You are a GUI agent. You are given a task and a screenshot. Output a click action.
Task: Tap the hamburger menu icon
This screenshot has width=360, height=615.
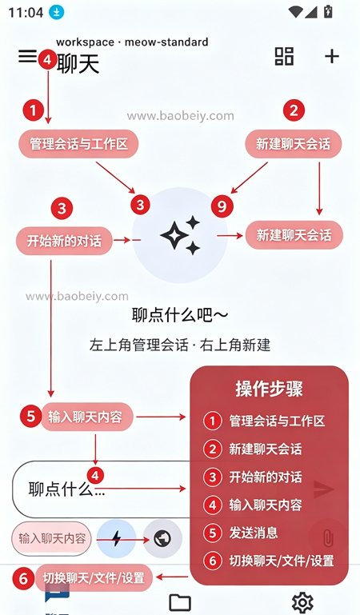click(27, 56)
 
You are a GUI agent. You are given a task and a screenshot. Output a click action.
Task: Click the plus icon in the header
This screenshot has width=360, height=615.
click(332, 57)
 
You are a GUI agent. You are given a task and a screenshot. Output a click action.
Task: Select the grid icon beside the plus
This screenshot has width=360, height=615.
click(284, 56)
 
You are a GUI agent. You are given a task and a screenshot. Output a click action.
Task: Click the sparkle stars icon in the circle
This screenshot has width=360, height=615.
click(181, 235)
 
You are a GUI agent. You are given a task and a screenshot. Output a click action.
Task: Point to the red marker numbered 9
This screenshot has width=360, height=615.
click(222, 206)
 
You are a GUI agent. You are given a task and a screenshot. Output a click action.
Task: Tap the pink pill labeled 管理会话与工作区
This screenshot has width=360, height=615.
click(78, 144)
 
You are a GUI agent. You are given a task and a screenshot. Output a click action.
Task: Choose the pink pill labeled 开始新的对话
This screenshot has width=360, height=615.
click(64, 241)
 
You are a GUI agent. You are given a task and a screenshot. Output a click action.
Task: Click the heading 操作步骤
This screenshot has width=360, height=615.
click(269, 389)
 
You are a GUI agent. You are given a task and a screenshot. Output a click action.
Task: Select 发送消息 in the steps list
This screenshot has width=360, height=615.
click(254, 533)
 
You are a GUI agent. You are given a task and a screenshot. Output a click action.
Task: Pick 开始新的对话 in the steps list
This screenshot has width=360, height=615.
click(266, 477)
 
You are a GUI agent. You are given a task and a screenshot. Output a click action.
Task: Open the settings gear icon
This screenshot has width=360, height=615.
click(302, 601)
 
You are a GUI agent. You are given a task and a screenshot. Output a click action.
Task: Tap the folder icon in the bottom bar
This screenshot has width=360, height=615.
click(180, 602)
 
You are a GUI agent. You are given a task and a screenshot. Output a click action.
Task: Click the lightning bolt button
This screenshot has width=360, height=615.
click(116, 538)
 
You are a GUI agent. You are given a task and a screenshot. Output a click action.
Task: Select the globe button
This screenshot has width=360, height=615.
click(162, 538)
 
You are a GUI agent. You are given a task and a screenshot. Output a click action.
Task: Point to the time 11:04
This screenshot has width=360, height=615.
click(26, 13)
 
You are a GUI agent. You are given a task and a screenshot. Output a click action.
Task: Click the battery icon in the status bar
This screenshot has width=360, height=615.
click(328, 11)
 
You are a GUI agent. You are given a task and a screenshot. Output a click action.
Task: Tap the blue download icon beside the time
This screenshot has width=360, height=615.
click(57, 12)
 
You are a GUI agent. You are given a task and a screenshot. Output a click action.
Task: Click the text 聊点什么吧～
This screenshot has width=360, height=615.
click(180, 315)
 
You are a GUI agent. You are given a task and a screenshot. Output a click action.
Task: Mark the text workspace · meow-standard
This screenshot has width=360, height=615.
click(132, 42)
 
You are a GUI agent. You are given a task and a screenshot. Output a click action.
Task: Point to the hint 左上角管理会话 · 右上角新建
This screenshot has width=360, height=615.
click(180, 345)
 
